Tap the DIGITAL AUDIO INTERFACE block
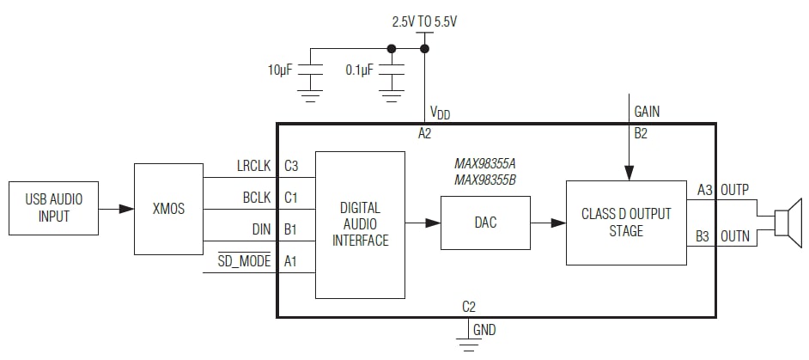pos(360,224)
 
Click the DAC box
pos(485,223)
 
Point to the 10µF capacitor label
pos(281,70)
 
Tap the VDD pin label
pos(440,113)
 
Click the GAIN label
pos(647,111)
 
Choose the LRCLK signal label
pos(253,166)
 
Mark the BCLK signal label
pos(258,198)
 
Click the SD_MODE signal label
pos(244,261)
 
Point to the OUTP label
pos(735,191)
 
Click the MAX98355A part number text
pos(485,162)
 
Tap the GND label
pos(484,330)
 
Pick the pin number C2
pos(469,306)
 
